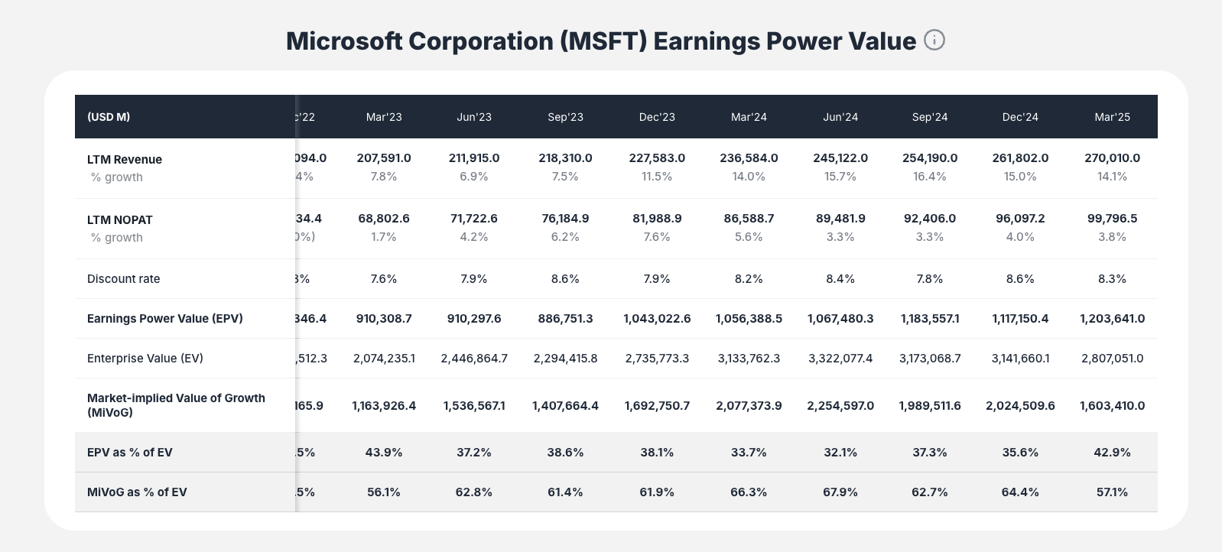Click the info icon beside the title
tap(934, 40)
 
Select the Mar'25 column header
tap(1112, 117)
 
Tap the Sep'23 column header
tap(565, 117)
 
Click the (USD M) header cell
tap(109, 117)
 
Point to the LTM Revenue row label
tap(125, 159)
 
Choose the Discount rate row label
tap(124, 278)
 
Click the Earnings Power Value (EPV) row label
tap(165, 318)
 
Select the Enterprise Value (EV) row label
tap(145, 358)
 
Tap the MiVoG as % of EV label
tap(137, 492)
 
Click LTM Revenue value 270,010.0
tap(1112, 157)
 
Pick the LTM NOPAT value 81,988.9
tap(657, 218)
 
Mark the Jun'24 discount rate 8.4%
tap(840, 278)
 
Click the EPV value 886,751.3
tap(565, 318)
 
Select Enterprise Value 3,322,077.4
tap(840, 358)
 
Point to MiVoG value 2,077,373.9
tap(749, 405)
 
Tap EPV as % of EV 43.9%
tap(384, 452)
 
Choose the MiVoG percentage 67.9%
tap(840, 492)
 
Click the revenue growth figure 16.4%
tap(930, 176)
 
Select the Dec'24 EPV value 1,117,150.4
tap(1020, 318)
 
